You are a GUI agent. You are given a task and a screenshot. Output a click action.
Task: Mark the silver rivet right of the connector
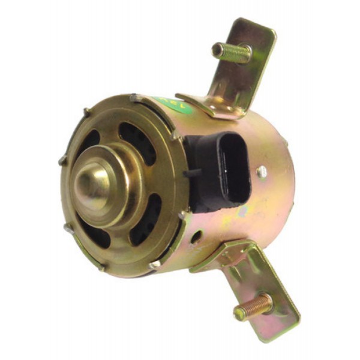[262, 172]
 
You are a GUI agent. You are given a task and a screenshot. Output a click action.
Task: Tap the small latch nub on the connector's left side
[191, 175]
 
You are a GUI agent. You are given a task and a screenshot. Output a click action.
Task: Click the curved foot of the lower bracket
[222, 254]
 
